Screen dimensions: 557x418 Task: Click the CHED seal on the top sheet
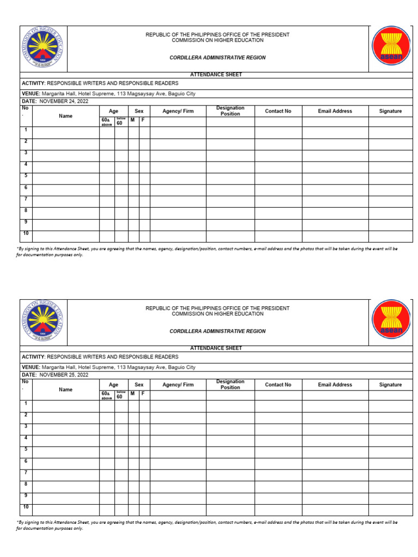(x=44, y=49)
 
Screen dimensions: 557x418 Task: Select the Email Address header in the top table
(x=335, y=111)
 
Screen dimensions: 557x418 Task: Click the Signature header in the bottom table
(x=390, y=385)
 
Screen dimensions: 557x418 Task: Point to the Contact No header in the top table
(x=278, y=111)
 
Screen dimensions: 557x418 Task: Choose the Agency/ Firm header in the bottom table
(x=178, y=385)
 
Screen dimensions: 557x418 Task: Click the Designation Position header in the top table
(x=230, y=111)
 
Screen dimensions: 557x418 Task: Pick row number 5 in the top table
(x=26, y=176)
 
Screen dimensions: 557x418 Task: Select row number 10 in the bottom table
(x=26, y=507)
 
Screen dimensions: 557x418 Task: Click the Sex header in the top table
(x=139, y=111)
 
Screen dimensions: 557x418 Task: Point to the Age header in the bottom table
(x=113, y=385)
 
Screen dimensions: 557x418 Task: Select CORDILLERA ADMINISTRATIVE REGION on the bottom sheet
(x=217, y=331)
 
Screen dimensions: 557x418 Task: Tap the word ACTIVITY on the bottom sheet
(x=33, y=357)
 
